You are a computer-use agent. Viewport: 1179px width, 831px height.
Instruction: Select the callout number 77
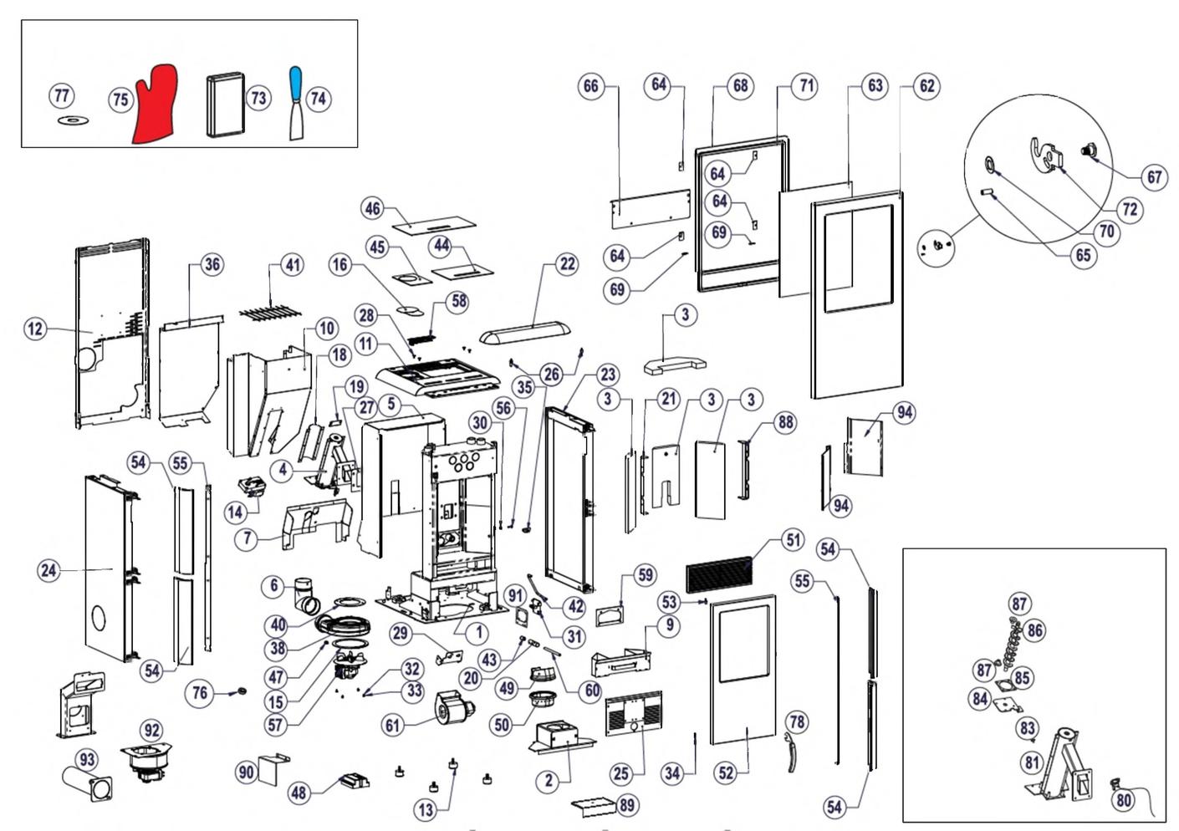pos(62,95)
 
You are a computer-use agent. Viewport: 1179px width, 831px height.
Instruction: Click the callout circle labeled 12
pos(35,329)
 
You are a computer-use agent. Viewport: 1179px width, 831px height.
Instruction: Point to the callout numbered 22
pos(567,263)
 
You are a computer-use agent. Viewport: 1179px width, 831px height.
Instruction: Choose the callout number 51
pos(793,539)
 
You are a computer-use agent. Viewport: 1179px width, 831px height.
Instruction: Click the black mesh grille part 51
pos(719,575)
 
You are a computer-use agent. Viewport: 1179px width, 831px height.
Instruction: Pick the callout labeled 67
pos(1154,176)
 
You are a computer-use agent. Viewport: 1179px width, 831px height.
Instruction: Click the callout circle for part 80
pos(1123,800)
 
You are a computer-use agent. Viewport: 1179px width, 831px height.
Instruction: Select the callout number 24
pos(49,570)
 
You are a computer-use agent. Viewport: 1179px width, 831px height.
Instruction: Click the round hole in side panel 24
pos(99,618)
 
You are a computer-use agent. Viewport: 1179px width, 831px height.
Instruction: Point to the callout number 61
pos(393,725)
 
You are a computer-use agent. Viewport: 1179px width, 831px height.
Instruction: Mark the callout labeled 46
pos(373,208)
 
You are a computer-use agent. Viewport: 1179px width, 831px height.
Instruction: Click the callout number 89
pos(626,805)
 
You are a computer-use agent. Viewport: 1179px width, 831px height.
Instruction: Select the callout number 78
pos(797,722)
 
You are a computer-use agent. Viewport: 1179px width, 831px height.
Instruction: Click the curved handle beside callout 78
pos(791,753)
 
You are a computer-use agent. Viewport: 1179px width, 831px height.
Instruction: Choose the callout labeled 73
pos(258,99)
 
